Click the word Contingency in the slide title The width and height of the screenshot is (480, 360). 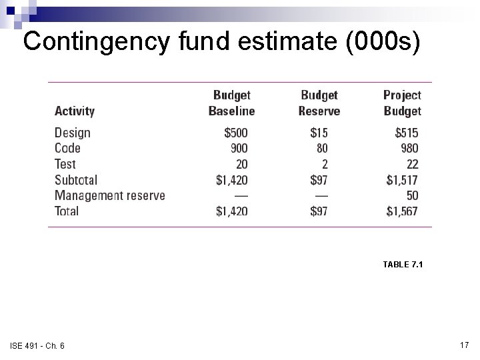(97, 42)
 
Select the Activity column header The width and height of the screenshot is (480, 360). (75, 111)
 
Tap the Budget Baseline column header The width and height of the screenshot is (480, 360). (231, 103)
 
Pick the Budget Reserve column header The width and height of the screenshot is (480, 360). (319, 103)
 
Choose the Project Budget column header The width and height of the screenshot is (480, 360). (402, 103)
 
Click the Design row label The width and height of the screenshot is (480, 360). (72, 133)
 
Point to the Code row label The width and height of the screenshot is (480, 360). (67, 148)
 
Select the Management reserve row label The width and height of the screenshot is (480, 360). (109, 195)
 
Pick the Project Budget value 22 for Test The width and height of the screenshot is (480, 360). (412, 164)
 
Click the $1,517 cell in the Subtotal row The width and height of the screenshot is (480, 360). (402, 180)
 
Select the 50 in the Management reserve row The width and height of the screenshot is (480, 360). (412, 195)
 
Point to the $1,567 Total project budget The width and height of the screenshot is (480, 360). (402, 211)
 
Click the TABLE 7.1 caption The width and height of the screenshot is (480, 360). (403, 265)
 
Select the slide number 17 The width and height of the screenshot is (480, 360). (465, 345)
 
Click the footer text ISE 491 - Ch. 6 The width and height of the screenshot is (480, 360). (37, 345)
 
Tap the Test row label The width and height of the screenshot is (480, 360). (65, 164)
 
